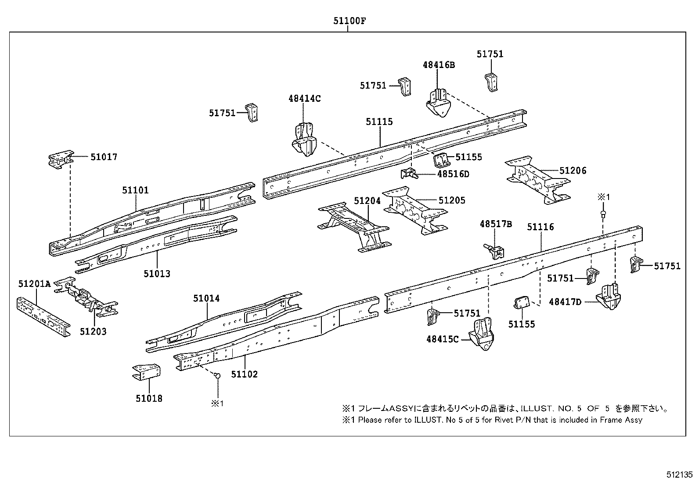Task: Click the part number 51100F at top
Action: (x=348, y=21)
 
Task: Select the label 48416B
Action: (x=439, y=65)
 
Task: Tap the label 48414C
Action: (x=304, y=99)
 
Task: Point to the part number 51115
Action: (x=379, y=122)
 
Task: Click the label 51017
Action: (x=104, y=157)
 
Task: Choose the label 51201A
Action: (x=34, y=284)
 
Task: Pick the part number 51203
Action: (x=93, y=331)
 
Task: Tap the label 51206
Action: (x=573, y=171)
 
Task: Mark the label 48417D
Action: (x=565, y=302)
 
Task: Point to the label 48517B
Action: (x=496, y=224)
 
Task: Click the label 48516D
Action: (x=453, y=174)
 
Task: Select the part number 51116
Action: (x=540, y=227)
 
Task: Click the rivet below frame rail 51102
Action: (x=216, y=375)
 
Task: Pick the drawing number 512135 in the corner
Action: (x=679, y=475)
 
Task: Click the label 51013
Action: (x=157, y=274)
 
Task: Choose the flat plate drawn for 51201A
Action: (x=43, y=315)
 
